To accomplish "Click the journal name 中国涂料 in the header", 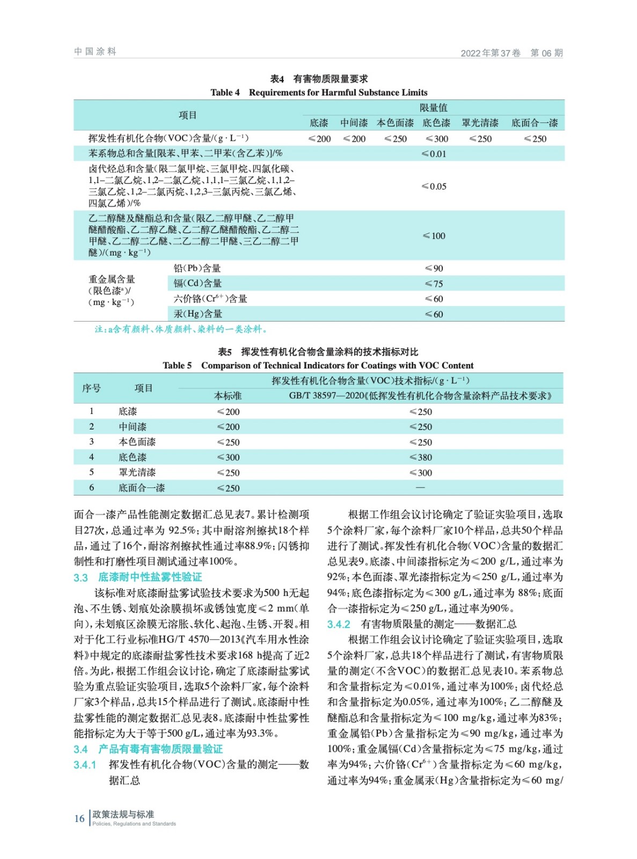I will point(95,52).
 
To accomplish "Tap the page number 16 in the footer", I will point(79,818).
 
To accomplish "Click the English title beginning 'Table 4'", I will point(319,92).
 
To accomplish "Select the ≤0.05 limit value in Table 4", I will point(434,186).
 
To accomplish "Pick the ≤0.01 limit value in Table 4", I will point(434,154).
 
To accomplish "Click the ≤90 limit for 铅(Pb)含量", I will point(434,268).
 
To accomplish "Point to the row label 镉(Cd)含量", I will point(197,283).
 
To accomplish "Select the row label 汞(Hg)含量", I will point(197,314).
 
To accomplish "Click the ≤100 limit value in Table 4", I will point(434,236).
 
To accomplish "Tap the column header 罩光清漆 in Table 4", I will point(480,123).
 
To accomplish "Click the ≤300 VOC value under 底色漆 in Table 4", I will point(436,139).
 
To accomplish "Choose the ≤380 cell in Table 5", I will point(420,457).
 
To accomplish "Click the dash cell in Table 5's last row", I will point(420,487).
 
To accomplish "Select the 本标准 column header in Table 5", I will point(228,396).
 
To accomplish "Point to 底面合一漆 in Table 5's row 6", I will point(142,488).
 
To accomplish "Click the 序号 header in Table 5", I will point(91,388).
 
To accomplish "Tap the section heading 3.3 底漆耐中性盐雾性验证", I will point(138,577).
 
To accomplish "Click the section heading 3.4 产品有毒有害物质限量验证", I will point(148,749).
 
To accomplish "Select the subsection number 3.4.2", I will point(339,624).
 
